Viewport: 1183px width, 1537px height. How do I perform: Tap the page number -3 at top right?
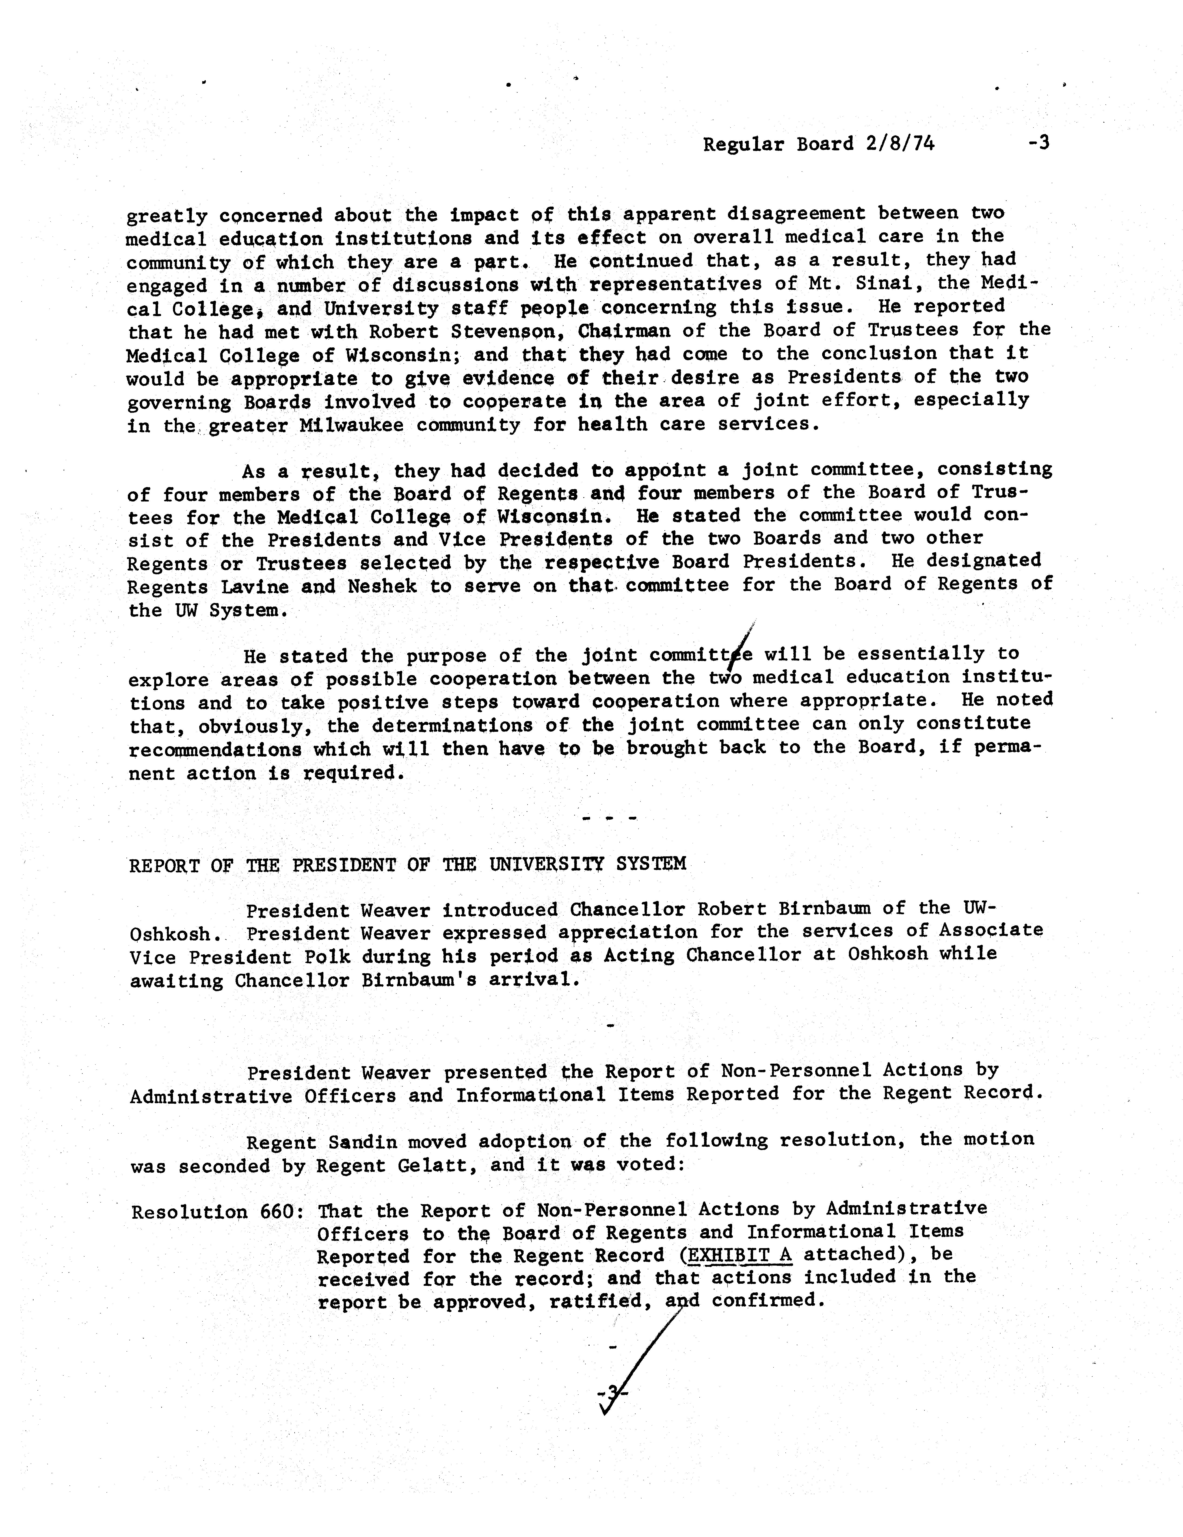1039,143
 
